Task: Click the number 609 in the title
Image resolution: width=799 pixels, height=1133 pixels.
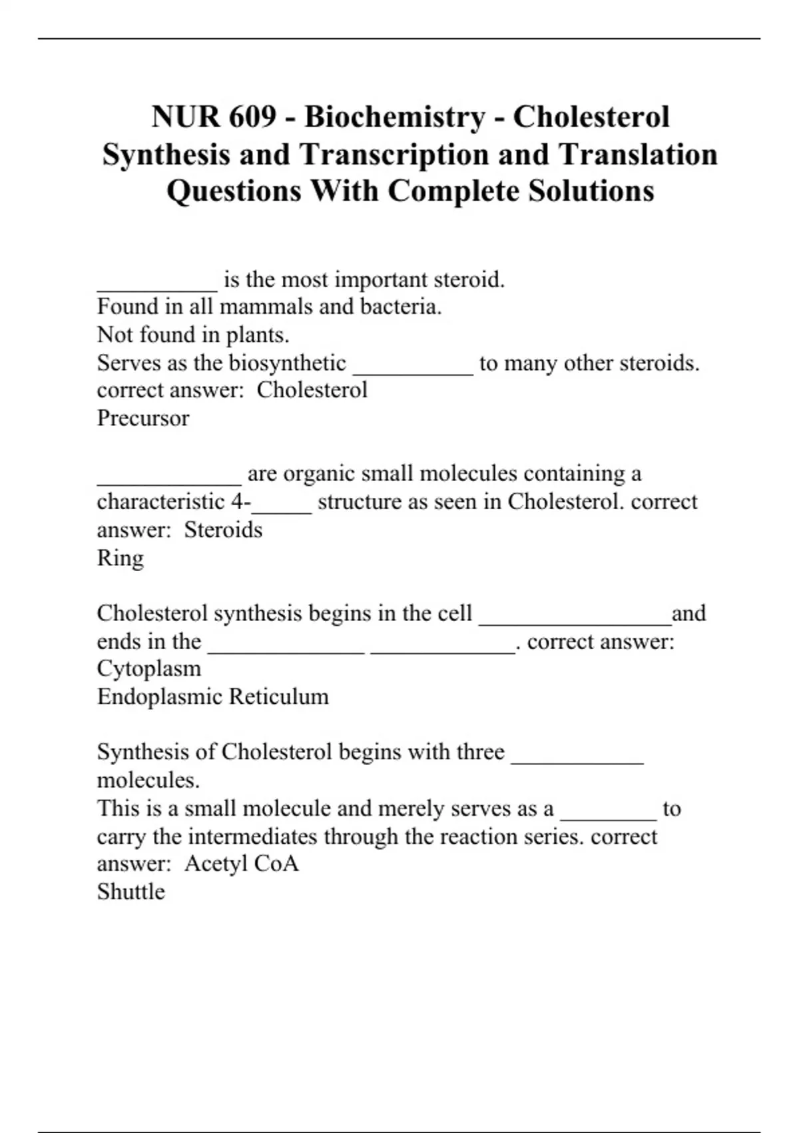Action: click(252, 117)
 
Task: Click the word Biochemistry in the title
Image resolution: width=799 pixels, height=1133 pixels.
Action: click(396, 117)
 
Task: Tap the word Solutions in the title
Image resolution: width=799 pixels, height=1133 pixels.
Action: click(591, 191)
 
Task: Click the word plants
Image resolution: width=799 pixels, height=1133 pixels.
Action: click(257, 335)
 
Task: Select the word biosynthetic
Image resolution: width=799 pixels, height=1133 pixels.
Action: click(288, 363)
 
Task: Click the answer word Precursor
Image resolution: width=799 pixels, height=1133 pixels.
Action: click(143, 418)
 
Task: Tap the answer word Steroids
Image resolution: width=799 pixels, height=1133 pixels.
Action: click(223, 530)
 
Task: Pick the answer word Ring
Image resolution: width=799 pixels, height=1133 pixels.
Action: click(120, 558)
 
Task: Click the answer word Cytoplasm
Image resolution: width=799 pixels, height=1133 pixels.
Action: click(148, 668)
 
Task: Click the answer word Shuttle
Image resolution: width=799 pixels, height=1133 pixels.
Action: click(131, 892)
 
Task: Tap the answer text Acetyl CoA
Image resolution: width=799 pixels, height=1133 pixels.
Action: click(242, 864)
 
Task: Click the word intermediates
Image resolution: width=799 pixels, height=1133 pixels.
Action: click(284, 836)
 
